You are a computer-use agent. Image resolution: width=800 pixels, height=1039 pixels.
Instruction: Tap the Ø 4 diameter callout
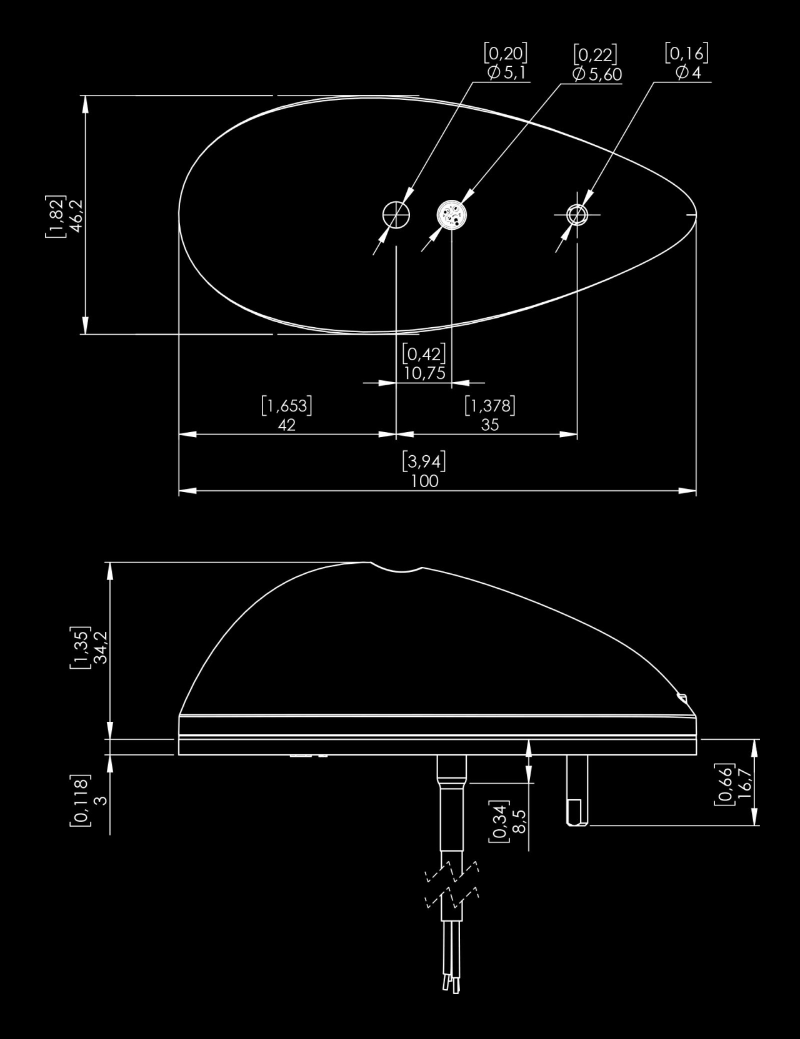click(x=687, y=72)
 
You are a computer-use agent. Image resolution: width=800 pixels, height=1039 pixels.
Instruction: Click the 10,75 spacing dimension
click(x=424, y=373)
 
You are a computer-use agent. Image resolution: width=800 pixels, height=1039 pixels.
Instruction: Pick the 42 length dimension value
click(x=286, y=425)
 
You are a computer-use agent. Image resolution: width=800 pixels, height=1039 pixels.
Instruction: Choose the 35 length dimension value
click(x=490, y=425)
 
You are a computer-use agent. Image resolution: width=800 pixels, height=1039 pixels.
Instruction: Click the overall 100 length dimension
click(x=424, y=481)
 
